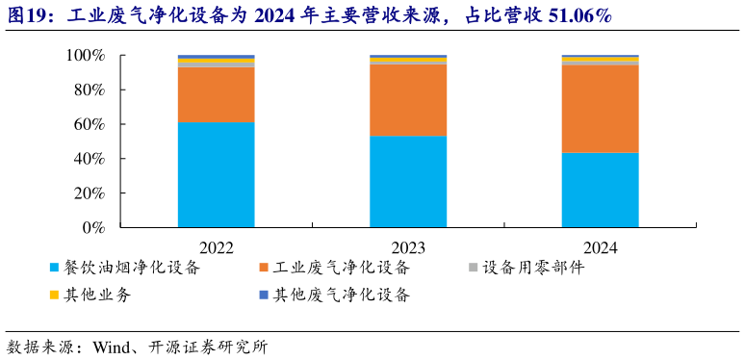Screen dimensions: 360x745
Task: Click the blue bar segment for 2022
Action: tap(216, 174)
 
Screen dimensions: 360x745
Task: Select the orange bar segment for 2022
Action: tap(216, 94)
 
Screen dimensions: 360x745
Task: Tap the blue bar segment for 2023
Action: tap(408, 181)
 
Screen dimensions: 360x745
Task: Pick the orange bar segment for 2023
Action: tap(408, 100)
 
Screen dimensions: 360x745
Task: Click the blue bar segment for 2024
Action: tap(600, 190)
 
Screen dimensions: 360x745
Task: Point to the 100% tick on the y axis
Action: tap(85, 56)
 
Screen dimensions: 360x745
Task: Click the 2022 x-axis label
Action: tap(216, 246)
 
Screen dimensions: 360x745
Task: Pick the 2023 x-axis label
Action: tap(408, 246)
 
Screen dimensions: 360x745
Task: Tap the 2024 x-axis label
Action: tap(600, 246)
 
